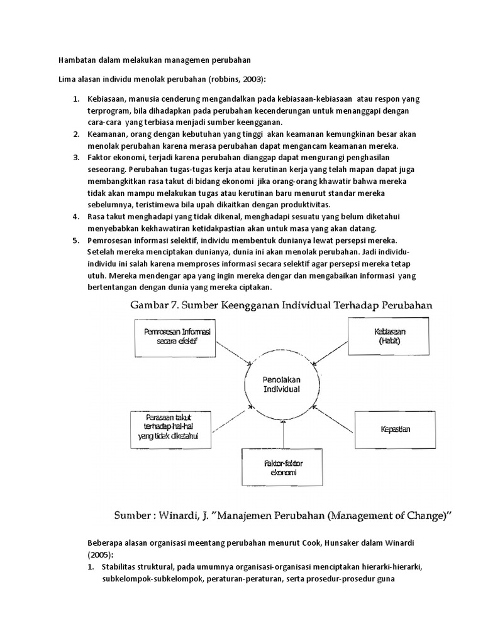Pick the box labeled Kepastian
(x=395, y=430)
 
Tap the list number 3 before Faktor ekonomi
(x=75, y=156)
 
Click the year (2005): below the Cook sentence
(x=100, y=556)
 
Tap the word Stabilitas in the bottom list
(x=121, y=567)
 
